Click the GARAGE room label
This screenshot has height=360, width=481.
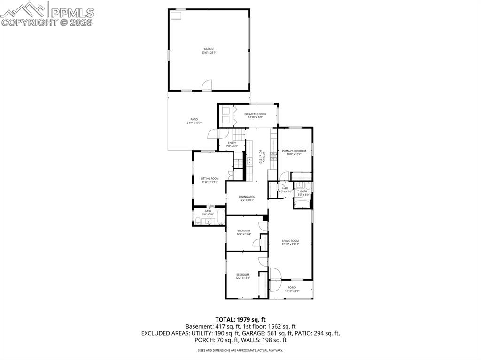click(209, 49)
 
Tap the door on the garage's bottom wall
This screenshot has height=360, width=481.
click(206, 85)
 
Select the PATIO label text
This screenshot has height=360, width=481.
click(194, 119)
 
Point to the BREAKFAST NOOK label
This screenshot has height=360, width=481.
click(255, 114)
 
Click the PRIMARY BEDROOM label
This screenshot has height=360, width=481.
click(294, 151)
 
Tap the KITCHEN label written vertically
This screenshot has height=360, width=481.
click(264, 156)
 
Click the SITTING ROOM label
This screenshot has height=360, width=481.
click(209, 179)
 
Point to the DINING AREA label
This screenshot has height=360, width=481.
click(247, 197)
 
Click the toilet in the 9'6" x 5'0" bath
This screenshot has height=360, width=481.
click(198, 221)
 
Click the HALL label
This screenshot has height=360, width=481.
click(285, 188)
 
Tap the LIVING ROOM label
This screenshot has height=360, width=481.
click(290, 241)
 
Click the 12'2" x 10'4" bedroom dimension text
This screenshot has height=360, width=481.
click(243, 234)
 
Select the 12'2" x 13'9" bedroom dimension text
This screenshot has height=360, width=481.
click(242, 278)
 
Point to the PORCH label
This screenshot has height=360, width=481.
click(292, 288)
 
